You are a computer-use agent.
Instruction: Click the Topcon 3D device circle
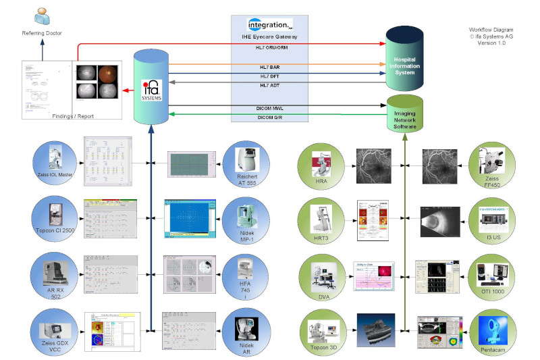point(323,330)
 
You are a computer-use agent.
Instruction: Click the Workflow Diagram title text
point(491,30)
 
